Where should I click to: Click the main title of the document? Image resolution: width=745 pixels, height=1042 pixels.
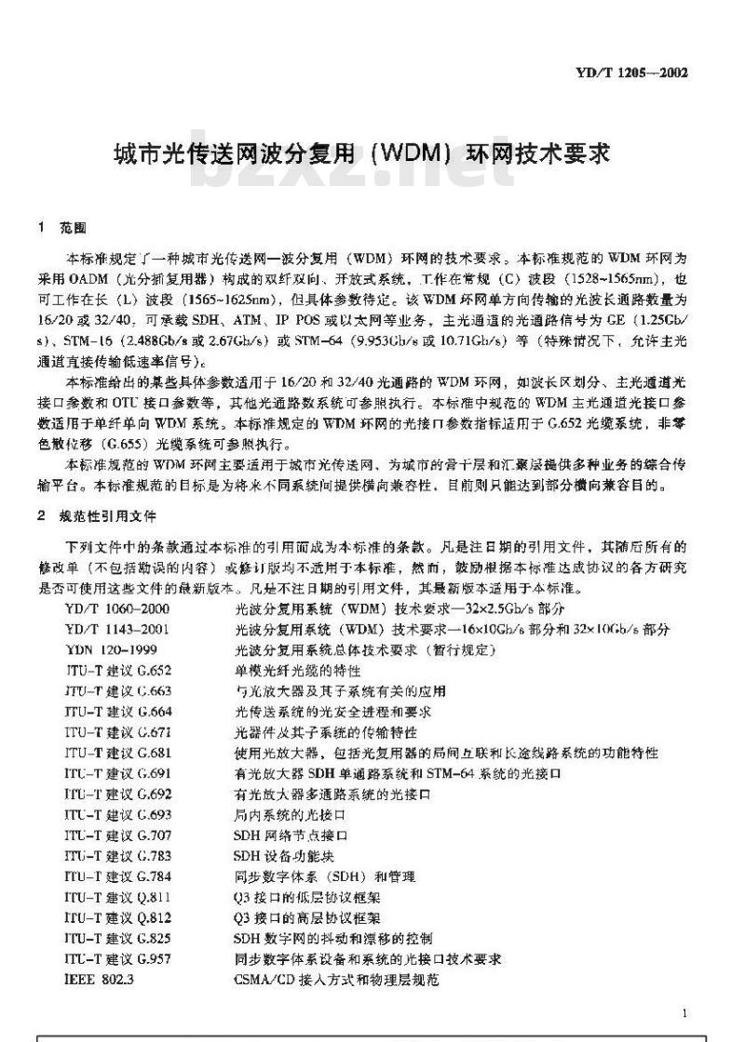click(362, 153)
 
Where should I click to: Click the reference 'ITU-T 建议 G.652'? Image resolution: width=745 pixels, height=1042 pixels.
click(118, 670)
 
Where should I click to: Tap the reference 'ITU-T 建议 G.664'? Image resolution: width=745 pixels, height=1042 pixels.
click(118, 712)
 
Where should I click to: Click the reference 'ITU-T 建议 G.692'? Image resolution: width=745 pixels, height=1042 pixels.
click(118, 794)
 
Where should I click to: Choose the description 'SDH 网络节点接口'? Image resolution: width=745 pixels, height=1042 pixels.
click(291, 835)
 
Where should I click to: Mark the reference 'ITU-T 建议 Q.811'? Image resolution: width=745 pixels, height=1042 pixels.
click(118, 897)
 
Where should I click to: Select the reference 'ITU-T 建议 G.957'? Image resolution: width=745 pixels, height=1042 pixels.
click(118, 958)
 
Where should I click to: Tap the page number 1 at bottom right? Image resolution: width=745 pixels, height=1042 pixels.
click(684, 1014)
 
